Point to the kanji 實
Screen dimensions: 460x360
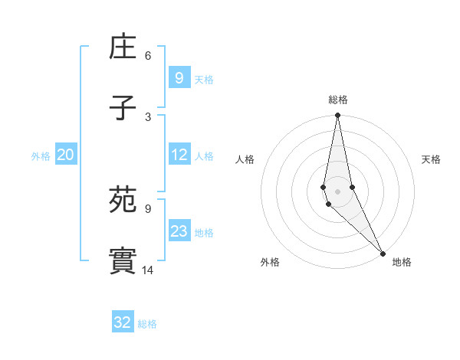tap(123, 261)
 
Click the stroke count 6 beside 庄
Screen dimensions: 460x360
tap(148, 55)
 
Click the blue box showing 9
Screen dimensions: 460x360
tap(179, 77)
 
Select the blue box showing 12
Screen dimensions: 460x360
tap(179, 155)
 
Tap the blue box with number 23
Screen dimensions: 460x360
tap(179, 231)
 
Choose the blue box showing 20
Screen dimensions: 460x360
tap(65, 155)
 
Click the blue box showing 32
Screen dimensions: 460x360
tap(123, 322)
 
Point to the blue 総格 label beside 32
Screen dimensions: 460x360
tap(147, 324)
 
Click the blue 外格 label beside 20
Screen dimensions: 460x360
tap(41, 156)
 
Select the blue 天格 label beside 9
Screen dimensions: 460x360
tap(203, 79)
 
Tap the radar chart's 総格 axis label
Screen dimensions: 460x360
tap(338, 100)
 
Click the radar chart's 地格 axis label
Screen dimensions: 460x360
tap(402, 262)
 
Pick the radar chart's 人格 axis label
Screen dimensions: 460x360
tap(245, 159)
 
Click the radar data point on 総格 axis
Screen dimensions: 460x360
tap(337, 116)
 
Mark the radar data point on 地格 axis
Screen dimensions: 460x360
tap(383, 254)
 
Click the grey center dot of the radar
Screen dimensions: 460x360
tap(337, 191)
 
